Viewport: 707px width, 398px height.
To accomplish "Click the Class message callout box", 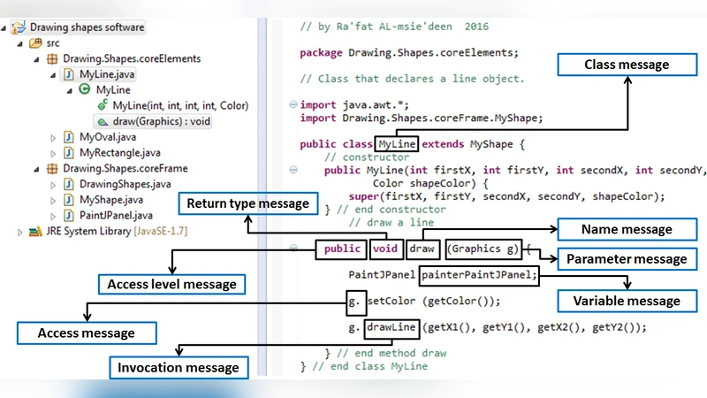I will (x=627, y=65).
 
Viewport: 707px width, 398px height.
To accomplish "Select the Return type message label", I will (x=247, y=204).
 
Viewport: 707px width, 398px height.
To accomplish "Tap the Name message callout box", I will (x=627, y=230).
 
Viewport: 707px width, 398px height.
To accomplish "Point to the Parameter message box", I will (x=626, y=259).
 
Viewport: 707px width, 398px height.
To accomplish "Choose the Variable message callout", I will (x=627, y=301).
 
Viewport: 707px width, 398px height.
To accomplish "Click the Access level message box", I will (x=171, y=285).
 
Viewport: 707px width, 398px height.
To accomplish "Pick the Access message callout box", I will (x=87, y=333).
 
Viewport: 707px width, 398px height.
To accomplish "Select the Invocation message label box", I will (x=179, y=367).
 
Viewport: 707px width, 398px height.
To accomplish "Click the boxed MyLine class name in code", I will (x=397, y=144).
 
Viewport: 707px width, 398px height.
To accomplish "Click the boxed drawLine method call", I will (x=391, y=327).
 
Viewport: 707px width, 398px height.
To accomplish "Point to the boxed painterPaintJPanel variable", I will (x=478, y=275).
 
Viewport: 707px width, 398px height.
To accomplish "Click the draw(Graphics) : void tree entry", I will (x=162, y=121).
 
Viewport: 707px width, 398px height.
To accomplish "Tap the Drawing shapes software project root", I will (x=87, y=27).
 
